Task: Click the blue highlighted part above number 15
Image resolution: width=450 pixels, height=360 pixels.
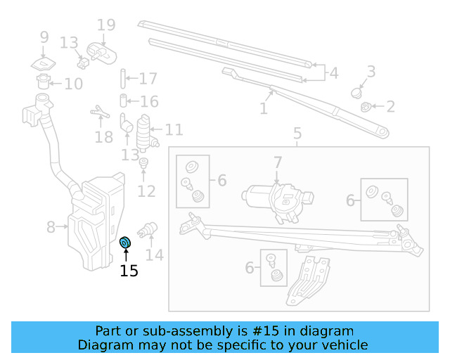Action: pos(126,243)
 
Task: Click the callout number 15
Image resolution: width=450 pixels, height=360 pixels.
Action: pos(129,271)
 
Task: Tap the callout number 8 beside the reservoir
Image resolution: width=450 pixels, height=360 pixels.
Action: pos(51,227)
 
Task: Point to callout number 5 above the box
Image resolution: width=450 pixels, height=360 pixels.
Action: pos(297,134)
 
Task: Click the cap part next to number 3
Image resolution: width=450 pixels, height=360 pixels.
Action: pos(357,91)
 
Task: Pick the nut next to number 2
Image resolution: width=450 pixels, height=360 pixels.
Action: pos(366,107)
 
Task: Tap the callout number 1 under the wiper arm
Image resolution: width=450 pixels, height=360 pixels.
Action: pos(264,109)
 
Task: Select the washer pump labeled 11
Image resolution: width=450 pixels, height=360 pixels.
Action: pos(146,129)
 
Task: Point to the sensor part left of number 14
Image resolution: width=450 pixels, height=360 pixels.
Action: pos(150,229)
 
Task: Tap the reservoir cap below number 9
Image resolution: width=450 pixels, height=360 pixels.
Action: pos(44,63)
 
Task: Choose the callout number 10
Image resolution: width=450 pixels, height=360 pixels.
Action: pos(73,84)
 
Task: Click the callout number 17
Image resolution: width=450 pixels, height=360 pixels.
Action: pos(148,79)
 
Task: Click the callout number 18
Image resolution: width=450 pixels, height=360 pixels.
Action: pos(103,136)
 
